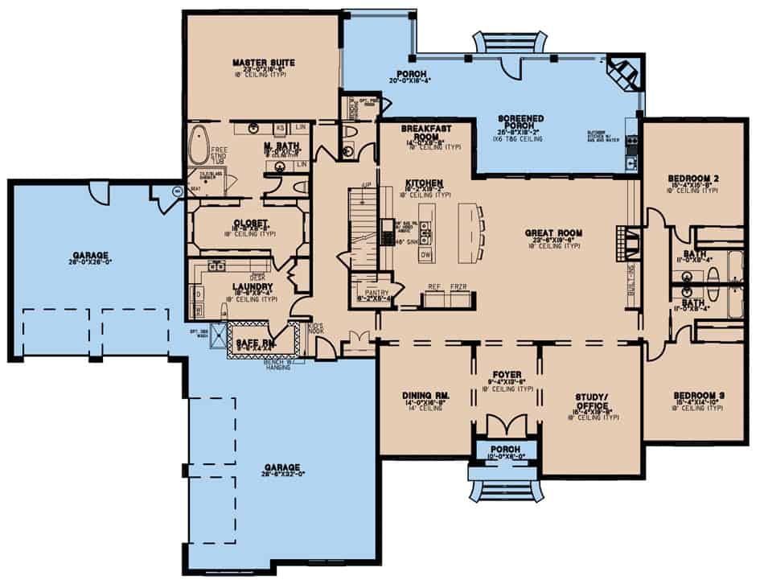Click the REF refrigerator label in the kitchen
(x=433, y=286)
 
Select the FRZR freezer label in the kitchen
(x=458, y=286)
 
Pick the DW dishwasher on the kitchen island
(x=426, y=255)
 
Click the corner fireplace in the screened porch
(x=623, y=72)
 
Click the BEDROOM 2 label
(x=692, y=178)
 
